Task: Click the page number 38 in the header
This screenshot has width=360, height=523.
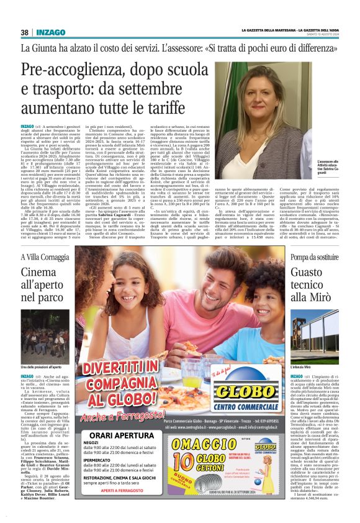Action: (x=24, y=32)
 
